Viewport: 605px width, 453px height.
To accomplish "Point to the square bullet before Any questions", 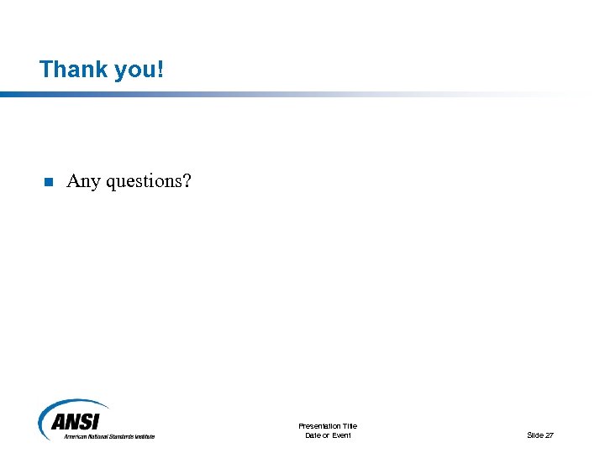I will point(48,182).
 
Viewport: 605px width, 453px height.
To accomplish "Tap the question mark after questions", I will point(187,180).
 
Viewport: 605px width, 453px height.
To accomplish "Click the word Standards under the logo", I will point(120,436).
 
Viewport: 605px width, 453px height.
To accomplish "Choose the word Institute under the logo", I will point(145,436).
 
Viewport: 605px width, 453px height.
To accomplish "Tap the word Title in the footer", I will point(350,426).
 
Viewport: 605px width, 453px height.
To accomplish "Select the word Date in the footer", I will point(313,435).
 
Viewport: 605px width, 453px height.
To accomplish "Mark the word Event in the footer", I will point(341,435).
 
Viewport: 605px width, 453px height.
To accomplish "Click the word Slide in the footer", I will point(535,435).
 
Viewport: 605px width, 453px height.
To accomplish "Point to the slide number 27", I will point(550,435).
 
